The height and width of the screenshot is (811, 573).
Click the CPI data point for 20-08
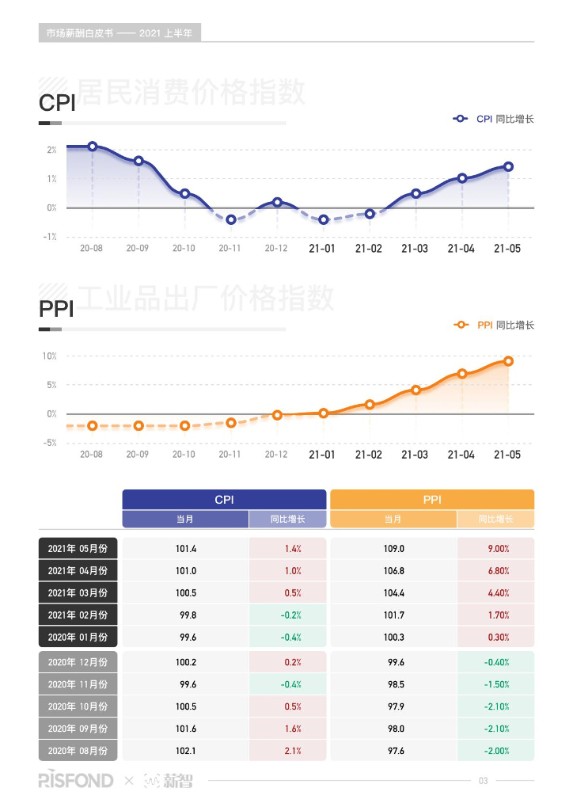[93, 147]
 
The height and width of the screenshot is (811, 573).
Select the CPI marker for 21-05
[508, 166]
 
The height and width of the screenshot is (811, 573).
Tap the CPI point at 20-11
[231, 219]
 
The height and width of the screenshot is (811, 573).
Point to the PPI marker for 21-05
[508, 361]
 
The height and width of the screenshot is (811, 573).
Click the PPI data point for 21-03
[416, 390]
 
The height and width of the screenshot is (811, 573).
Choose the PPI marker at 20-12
[277, 415]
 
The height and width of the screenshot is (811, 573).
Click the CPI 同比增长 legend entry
[494, 119]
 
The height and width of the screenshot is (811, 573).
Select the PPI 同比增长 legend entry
[494, 325]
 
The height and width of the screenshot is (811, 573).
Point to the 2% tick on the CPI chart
[51, 150]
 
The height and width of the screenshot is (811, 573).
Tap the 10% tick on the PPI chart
[50, 356]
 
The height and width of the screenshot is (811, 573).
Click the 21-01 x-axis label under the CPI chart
[323, 249]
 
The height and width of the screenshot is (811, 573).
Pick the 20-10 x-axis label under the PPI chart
[184, 455]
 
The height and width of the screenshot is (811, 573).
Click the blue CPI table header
[224, 500]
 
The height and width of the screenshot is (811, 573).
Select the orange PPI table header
[431, 500]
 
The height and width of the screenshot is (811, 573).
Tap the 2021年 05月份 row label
[78, 548]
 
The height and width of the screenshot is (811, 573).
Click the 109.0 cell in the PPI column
[393, 548]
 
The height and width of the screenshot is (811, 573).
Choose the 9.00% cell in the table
[496, 548]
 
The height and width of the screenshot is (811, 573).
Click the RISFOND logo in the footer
[76, 781]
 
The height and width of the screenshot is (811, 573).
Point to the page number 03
[484, 782]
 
